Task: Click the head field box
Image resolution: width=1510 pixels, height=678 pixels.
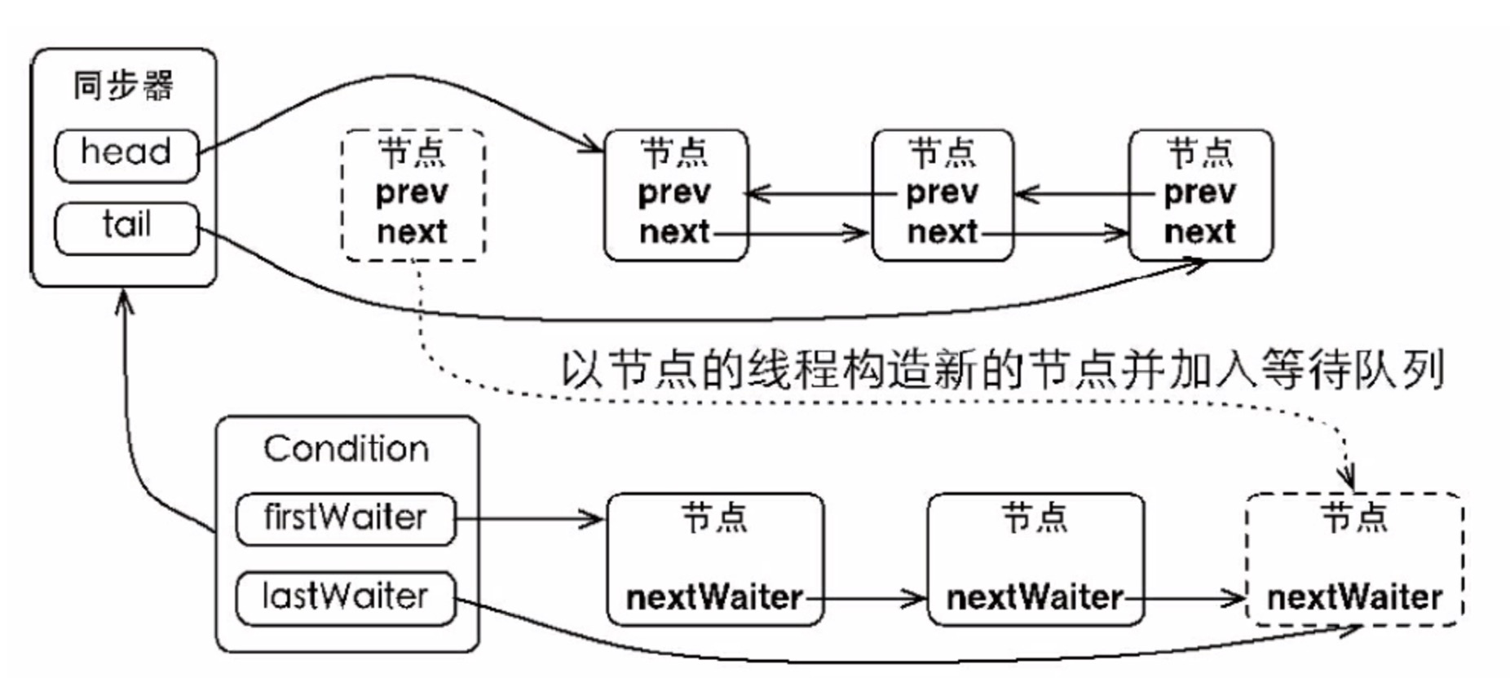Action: point(126,155)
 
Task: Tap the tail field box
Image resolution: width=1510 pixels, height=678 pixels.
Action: point(126,228)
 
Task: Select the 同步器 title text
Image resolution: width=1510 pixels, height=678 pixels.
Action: point(123,86)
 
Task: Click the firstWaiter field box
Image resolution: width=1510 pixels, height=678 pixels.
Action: point(345,518)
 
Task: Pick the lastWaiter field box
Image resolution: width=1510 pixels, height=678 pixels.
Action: point(345,598)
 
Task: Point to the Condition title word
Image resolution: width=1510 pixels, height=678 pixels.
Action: point(346,449)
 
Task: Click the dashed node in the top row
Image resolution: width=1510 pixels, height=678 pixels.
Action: point(413,195)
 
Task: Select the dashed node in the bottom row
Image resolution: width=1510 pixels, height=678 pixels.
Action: point(1354,559)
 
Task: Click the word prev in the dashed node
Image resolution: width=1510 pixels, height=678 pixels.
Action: point(412,194)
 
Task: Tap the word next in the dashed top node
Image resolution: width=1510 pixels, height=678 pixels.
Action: point(412,232)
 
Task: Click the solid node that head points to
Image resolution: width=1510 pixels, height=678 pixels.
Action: point(676,195)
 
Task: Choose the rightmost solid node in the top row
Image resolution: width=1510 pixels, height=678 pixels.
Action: point(1200,195)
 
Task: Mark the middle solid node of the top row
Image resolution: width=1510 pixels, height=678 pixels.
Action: point(943,195)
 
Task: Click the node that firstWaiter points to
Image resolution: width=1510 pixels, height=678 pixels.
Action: point(715,559)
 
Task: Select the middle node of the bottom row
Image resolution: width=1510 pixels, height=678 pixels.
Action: point(1035,559)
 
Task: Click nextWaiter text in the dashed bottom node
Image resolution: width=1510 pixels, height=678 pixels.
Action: point(1354,598)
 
